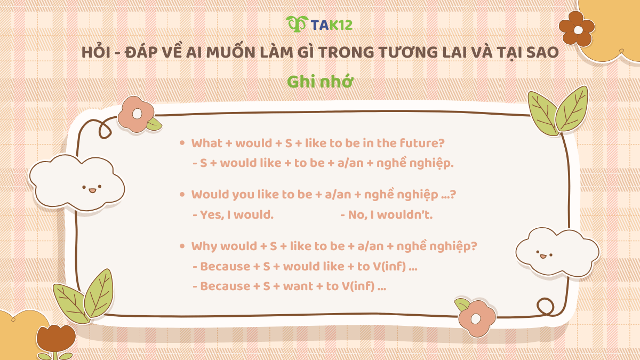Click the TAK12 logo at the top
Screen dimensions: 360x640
(319, 24)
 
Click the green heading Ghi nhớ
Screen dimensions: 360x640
(320, 82)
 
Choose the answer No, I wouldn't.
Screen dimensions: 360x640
(386, 215)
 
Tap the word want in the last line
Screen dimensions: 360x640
(298, 286)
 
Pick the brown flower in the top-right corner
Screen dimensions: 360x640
(576, 28)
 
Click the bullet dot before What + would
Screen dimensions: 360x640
(182, 143)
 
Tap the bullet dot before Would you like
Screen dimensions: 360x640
(182, 194)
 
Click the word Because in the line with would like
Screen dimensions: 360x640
(225, 266)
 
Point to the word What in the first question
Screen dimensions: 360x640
(207, 143)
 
